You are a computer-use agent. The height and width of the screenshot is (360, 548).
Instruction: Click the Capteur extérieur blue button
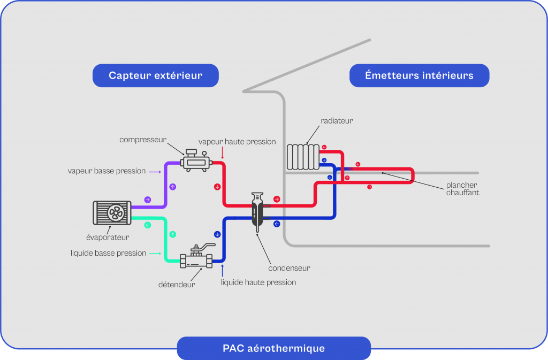pyautogui.click(x=155, y=75)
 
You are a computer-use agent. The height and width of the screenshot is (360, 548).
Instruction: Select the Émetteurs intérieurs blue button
pyautogui.click(x=419, y=75)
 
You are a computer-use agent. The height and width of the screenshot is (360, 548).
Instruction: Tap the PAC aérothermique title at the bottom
pyautogui.click(x=273, y=348)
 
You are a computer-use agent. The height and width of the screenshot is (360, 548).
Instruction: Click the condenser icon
pyautogui.click(x=258, y=210)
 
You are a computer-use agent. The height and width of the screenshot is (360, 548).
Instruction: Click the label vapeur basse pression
pyautogui.click(x=106, y=171)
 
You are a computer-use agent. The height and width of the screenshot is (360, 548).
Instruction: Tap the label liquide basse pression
pyautogui.click(x=108, y=253)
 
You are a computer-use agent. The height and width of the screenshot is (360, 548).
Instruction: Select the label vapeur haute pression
pyautogui.click(x=237, y=142)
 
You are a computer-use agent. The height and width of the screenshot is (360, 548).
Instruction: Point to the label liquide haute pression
pyautogui.click(x=258, y=282)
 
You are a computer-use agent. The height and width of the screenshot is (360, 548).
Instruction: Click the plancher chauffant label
pyautogui.click(x=462, y=189)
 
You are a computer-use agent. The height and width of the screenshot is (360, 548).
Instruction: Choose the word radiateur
pyautogui.click(x=337, y=121)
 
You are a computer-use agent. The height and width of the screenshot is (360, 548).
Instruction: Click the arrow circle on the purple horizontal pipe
pyautogui.click(x=148, y=200)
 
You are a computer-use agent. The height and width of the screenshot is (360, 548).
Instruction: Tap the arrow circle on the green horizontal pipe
pyautogui.click(x=148, y=225)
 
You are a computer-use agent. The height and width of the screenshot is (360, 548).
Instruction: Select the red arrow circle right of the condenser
pyautogui.click(x=277, y=199)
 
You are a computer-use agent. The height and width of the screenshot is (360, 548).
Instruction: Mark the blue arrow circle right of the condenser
pyautogui.click(x=277, y=224)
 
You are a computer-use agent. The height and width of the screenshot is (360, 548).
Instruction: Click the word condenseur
pyautogui.click(x=289, y=268)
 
